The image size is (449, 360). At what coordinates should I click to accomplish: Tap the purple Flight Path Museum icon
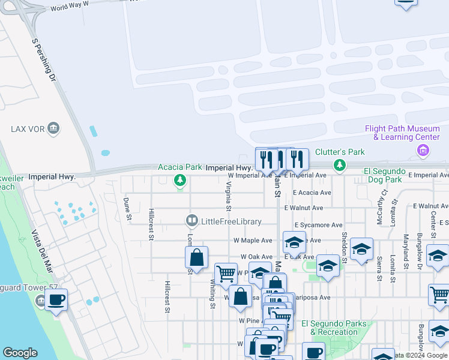(424, 149)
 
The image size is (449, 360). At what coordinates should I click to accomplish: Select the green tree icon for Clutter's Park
(340, 164)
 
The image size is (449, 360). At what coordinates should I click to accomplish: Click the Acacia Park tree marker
(179, 180)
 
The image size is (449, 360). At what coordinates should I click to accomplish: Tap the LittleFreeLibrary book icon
(191, 221)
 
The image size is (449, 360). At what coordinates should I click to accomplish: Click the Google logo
(20, 353)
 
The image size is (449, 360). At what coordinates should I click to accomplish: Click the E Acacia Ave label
(312, 193)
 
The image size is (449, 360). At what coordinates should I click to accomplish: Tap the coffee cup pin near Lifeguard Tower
(56, 301)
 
